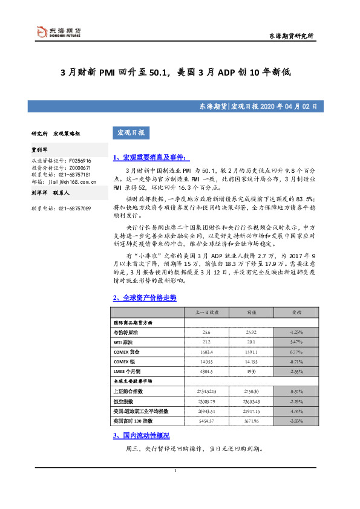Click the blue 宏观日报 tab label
coord(129,132)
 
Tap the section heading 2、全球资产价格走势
coord(145,298)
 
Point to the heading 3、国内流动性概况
coord(141,435)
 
